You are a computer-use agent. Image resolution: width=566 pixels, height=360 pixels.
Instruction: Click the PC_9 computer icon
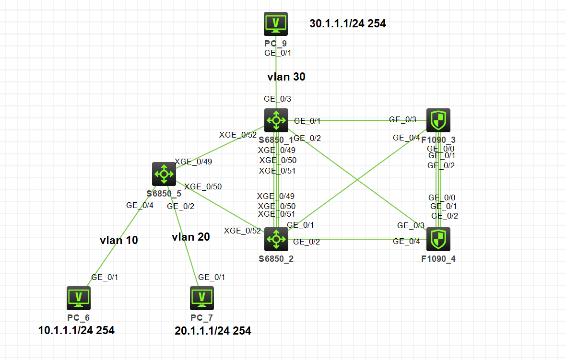point(276,24)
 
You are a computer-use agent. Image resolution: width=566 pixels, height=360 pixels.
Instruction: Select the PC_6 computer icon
point(79,298)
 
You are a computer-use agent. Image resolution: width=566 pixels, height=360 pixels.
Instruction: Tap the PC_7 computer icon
point(201,298)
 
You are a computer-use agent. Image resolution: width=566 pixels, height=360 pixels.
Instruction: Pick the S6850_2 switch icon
point(276,239)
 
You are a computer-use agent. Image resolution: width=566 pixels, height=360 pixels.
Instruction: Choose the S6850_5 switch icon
point(164,174)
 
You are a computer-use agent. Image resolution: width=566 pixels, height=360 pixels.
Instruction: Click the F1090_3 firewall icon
point(438,120)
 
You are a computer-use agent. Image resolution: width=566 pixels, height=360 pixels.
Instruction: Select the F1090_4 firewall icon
point(438,239)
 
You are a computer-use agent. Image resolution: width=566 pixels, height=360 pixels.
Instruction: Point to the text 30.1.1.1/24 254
point(348,23)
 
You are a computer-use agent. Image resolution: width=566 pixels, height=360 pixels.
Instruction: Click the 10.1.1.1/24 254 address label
point(76,330)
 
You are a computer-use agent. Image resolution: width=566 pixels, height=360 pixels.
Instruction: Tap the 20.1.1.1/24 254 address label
point(212,331)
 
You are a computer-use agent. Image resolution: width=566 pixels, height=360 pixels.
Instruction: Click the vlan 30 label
point(286,76)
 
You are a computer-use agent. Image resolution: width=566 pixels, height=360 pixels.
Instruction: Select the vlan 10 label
point(119,240)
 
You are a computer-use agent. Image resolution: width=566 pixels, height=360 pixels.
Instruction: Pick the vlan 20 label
point(190,237)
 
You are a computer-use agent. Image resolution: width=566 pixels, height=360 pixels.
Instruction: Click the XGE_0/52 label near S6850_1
point(237,135)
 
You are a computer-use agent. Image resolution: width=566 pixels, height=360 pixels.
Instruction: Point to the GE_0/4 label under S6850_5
point(140,205)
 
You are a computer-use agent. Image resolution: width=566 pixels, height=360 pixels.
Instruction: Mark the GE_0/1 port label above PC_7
point(212,277)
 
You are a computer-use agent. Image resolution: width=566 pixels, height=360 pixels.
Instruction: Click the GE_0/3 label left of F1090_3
point(402,119)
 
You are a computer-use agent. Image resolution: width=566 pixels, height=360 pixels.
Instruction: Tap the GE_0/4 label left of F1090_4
point(406,241)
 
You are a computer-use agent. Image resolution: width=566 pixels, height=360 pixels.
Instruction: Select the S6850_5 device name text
point(164,194)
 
